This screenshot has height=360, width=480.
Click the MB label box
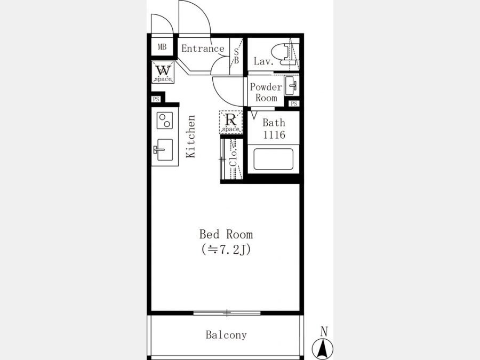pyautogui.click(x=162, y=47)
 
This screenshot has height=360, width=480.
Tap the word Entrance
pyautogui.click(x=203, y=49)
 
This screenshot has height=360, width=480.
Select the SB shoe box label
pyautogui.click(x=236, y=57)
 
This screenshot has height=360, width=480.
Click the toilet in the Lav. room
pyautogui.click(x=284, y=54)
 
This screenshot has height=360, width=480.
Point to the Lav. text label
pyautogui.click(x=263, y=61)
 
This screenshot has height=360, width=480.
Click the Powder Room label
pyautogui.click(x=266, y=92)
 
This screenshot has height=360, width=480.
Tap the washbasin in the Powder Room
pyautogui.click(x=291, y=86)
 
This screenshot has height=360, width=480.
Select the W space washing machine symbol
pyautogui.click(x=163, y=72)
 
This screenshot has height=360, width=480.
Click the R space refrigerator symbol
pyautogui.click(x=230, y=122)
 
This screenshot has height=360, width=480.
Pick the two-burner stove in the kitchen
pyautogui.click(x=165, y=121)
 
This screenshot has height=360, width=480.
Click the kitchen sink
pyautogui.click(x=164, y=150)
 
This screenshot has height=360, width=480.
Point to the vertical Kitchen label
pyautogui.click(x=191, y=137)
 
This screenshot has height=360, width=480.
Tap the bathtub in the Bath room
pyautogui.click(x=273, y=159)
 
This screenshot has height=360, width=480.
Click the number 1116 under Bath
pyautogui.click(x=274, y=135)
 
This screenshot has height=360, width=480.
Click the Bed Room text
pyautogui.click(x=226, y=235)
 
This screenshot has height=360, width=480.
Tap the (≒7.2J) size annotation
pyautogui.click(x=226, y=250)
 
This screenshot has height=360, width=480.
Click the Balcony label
pyautogui.click(x=226, y=335)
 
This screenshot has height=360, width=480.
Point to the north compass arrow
pyautogui.click(x=323, y=349)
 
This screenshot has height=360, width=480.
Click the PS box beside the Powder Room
pyautogui.click(x=294, y=103)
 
